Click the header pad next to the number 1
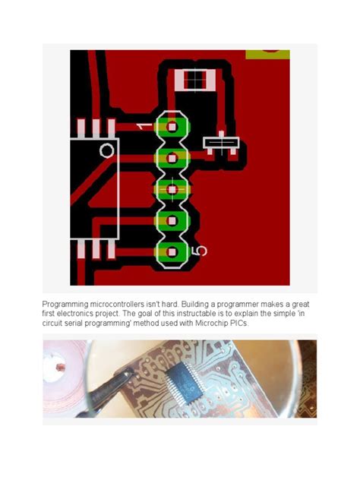172,126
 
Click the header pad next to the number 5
172,252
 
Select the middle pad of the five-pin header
172,190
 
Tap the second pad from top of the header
172,158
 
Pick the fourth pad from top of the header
172,220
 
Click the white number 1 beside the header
144,126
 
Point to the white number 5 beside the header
199,251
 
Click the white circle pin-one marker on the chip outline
107,150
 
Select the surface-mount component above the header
195,80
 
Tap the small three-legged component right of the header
221,144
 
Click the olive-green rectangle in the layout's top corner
267,54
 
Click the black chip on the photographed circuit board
185,383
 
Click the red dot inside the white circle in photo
61,366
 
